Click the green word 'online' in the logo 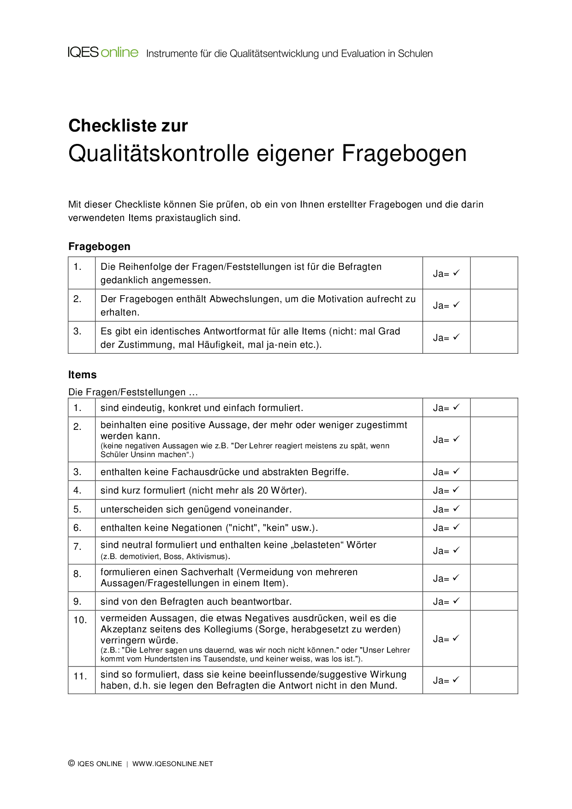pyautogui.click(x=119, y=53)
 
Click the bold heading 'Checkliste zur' pyautogui.click(x=128, y=125)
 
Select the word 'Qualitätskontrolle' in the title pyautogui.click(x=159, y=154)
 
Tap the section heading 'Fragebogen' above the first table pyautogui.click(x=99, y=246)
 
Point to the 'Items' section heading pyautogui.click(x=83, y=375)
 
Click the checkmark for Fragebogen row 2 pyautogui.click(x=456, y=305)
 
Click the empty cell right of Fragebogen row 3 pyautogui.click(x=494, y=338)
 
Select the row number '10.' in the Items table pyautogui.click(x=80, y=620)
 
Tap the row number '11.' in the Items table pyautogui.click(x=80, y=676)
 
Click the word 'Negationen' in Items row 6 pyautogui.click(x=197, y=528)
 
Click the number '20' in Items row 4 pyautogui.click(x=262, y=490)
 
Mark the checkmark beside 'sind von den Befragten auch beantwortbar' pyautogui.click(x=456, y=601)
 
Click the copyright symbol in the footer pyautogui.click(x=71, y=763)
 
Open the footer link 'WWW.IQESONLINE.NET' pyautogui.click(x=173, y=764)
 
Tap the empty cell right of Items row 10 pyautogui.click(x=494, y=638)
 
